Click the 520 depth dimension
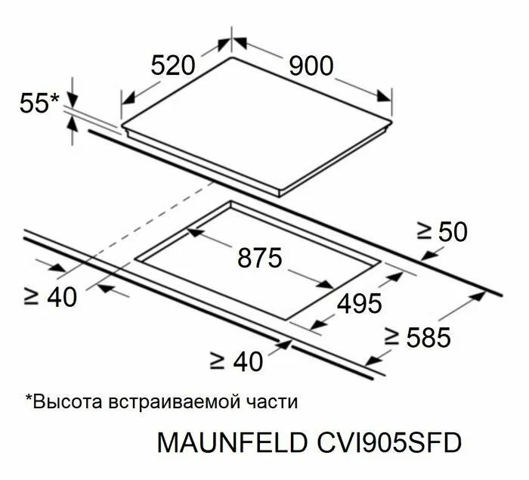173,66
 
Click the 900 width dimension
311,67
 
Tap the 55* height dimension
39,103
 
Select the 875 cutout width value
259,258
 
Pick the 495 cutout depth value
360,303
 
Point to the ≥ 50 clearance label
442,231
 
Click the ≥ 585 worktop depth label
417,337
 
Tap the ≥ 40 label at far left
51,297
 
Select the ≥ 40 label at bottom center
236,362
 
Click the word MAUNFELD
232,442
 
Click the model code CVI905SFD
389,442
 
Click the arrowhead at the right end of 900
384,96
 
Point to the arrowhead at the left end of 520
128,98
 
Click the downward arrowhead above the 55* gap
73,98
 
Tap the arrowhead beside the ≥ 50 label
429,255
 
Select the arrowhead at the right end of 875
326,284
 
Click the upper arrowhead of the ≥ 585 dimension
478,297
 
